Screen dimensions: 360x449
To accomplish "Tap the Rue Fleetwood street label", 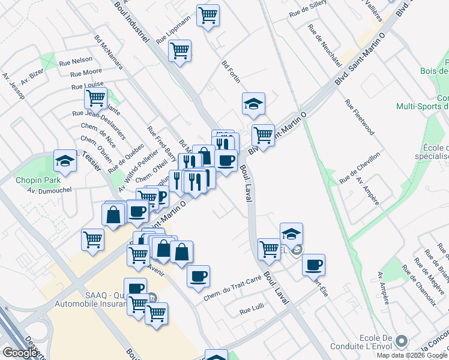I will (x=360, y=117).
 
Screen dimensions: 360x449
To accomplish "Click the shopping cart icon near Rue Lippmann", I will (x=179, y=51).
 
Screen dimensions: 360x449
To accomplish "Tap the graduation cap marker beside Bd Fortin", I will (x=253, y=103).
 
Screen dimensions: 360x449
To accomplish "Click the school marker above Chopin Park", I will (x=65, y=160).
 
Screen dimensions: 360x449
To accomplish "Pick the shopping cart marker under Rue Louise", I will (x=95, y=97).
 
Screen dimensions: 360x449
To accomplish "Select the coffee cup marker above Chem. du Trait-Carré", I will (x=198, y=276).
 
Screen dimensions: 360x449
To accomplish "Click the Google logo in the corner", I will (x=20, y=353).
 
